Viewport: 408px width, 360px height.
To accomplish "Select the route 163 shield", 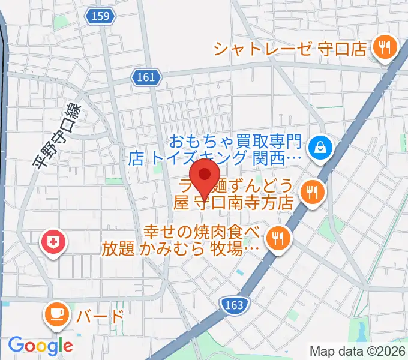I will coord(234,305).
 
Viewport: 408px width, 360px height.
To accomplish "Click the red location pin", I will coord(206,176).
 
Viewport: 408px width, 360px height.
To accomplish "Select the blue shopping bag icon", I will coord(319,147).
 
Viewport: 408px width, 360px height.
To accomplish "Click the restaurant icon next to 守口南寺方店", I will coord(312,193).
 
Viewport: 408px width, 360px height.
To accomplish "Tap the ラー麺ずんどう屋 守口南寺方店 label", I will coord(234,193).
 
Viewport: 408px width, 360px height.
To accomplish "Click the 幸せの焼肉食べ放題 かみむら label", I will coord(201,239).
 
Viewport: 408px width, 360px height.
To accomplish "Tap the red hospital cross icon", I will coord(55,242).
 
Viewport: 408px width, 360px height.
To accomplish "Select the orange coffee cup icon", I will coord(57,314).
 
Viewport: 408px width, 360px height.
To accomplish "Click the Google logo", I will coord(40,346).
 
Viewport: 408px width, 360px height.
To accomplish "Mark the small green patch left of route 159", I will coord(59,22).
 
